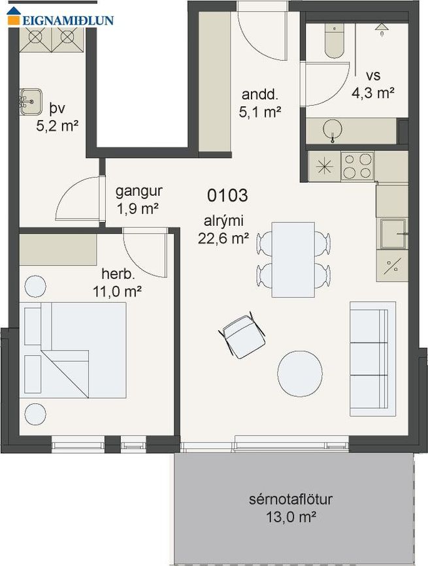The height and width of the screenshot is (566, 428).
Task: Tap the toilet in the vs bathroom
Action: point(334,40)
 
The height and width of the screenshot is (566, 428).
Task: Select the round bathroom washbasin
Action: point(333,130)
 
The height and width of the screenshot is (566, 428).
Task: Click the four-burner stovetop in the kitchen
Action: point(357,166)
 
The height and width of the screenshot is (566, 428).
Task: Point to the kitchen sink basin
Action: point(393,234)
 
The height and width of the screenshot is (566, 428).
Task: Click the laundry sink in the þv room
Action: point(31,102)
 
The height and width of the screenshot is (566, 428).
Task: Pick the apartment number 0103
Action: point(227,196)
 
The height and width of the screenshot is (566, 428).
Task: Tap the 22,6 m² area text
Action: point(223,238)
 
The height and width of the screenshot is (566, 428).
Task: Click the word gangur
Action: point(139,192)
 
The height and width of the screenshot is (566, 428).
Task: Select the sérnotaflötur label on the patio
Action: point(291,499)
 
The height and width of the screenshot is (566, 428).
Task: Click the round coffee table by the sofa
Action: point(300,373)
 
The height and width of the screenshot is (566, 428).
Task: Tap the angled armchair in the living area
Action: point(242,335)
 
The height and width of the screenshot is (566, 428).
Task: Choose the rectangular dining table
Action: point(293,260)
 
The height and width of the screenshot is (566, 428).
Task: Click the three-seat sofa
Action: point(372,359)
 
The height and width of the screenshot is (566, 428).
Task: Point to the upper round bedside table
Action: point(35,286)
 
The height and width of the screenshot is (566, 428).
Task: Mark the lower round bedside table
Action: point(35,414)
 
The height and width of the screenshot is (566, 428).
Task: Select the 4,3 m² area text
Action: point(372,93)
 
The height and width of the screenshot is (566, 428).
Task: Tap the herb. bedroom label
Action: point(118,274)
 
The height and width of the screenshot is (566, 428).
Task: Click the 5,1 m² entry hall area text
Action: point(260,112)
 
